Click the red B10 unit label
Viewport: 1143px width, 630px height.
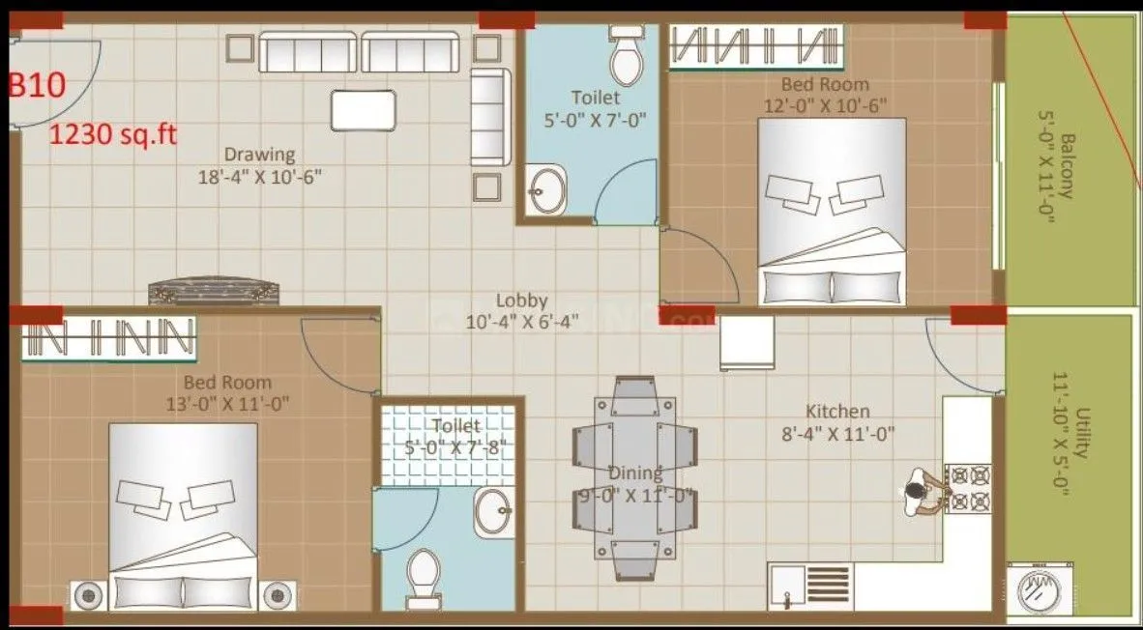pos(37,85)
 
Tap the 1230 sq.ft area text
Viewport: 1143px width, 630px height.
pos(113,133)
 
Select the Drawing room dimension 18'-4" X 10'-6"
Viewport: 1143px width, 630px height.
pos(259,177)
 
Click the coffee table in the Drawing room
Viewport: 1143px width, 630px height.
pos(363,109)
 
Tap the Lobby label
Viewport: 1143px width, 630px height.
pos(521,301)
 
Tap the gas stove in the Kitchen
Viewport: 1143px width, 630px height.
pos(968,488)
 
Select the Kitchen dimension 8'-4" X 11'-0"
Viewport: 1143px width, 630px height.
pos(838,434)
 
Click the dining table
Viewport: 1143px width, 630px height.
pos(634,478)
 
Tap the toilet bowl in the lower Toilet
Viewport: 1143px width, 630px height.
pos(424,572)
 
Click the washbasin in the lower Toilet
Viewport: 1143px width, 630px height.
pos(493,511)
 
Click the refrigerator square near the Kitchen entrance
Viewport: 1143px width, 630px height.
pos(747,343)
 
